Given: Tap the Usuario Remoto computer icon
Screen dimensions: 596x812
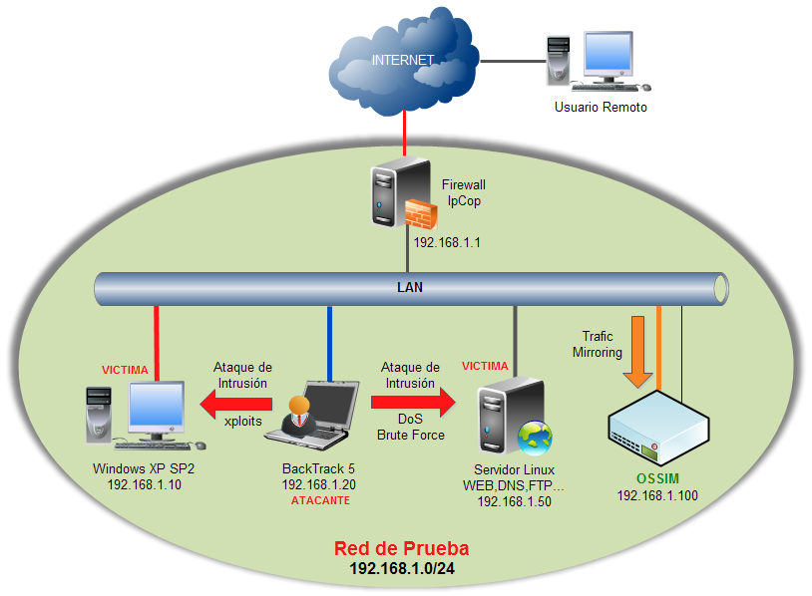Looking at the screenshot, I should point(599,62).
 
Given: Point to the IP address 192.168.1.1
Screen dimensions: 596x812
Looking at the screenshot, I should point(448,241).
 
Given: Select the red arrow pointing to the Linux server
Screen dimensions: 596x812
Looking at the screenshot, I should point(412,403).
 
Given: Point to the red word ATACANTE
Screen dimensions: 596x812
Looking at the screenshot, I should point(320,500).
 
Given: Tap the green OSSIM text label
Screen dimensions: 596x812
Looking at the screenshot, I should point(657,479).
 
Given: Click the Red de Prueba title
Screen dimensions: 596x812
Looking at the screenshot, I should point(401,548).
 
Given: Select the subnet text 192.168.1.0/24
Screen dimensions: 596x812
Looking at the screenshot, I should point(401,568).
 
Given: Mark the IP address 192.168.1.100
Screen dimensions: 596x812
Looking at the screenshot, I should point(657,495).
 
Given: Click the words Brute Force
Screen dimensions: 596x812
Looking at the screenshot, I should point(410,435).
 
